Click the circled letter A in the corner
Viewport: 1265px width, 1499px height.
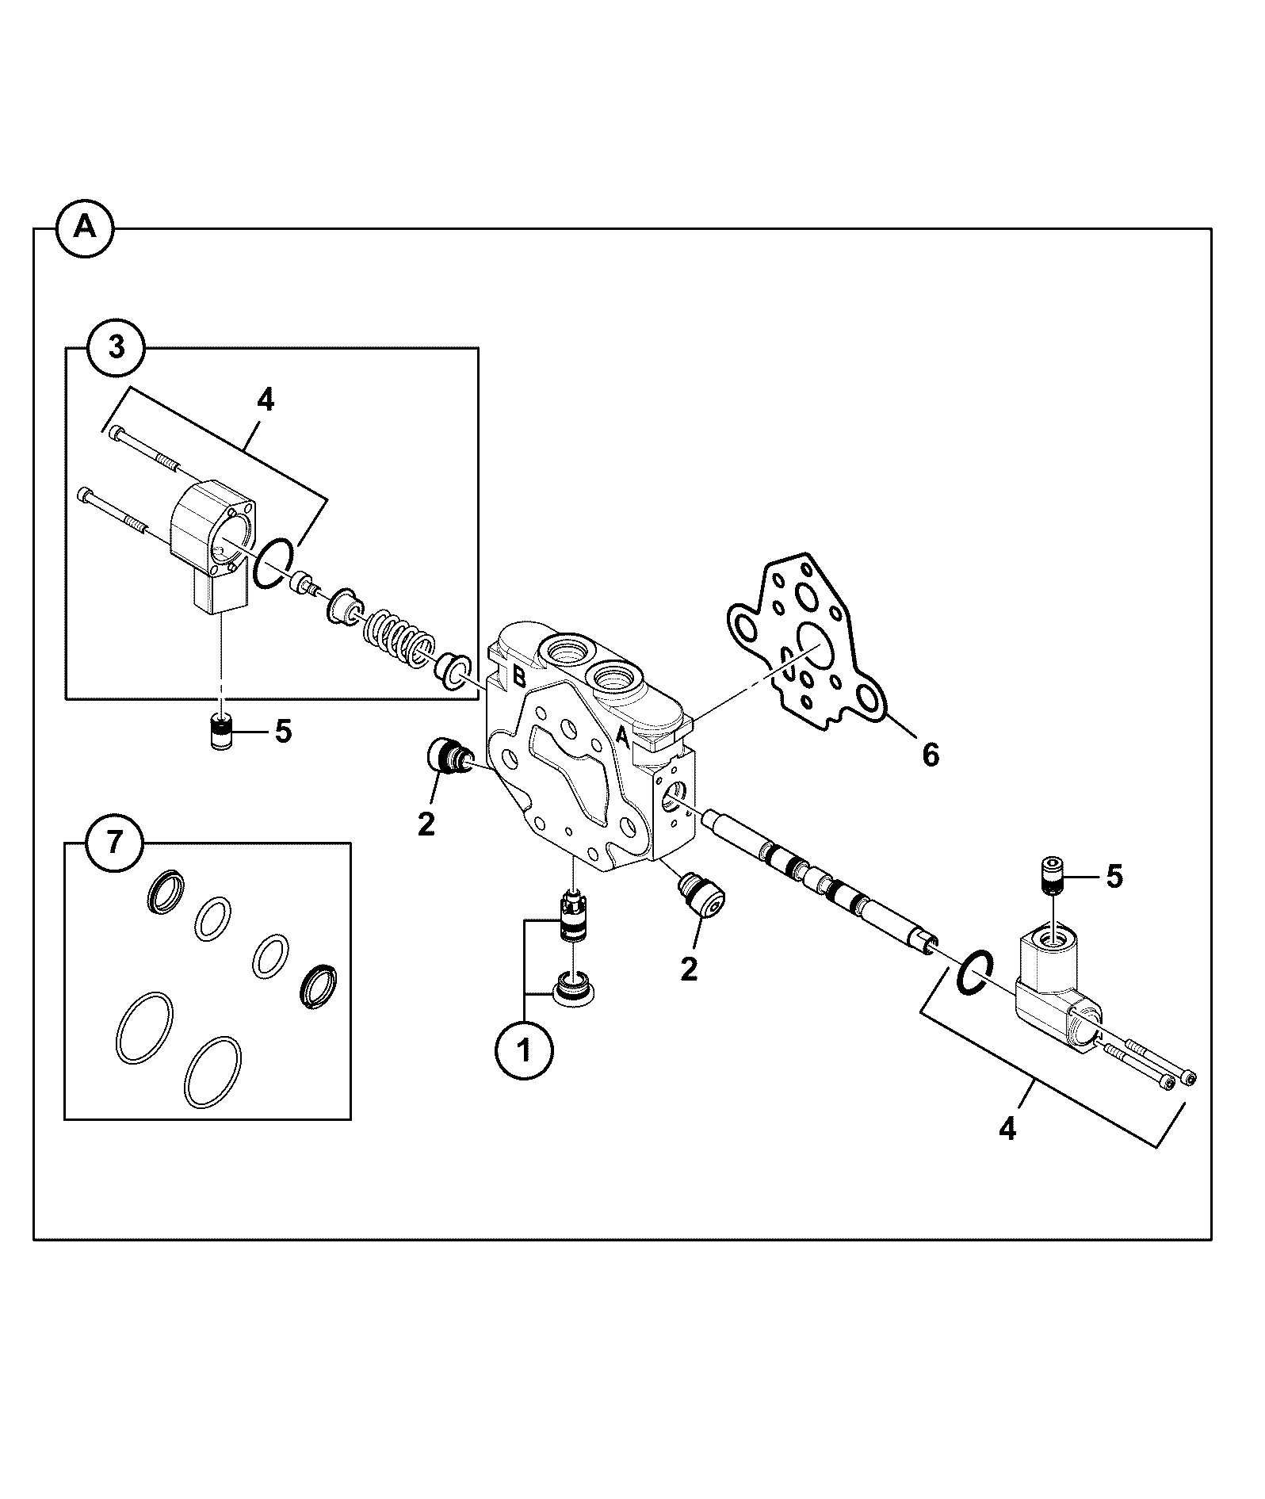[85, 228]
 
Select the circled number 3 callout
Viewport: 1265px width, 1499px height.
[116, 347]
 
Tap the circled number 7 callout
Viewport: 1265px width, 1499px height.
[115, 843]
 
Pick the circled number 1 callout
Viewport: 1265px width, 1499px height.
[524, 1051]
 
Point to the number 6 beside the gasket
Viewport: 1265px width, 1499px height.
[931, 755]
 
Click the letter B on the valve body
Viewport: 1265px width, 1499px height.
[519, 676]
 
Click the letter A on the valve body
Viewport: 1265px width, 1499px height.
[623, 738]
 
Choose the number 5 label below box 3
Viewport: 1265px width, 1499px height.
[283, 732]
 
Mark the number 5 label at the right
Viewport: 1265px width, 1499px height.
[1114, 876]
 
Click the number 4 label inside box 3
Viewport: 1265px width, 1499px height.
[266, 401]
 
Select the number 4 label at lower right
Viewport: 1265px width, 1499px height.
[1007, 1128]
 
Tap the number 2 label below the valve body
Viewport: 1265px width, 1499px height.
[689, 968]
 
